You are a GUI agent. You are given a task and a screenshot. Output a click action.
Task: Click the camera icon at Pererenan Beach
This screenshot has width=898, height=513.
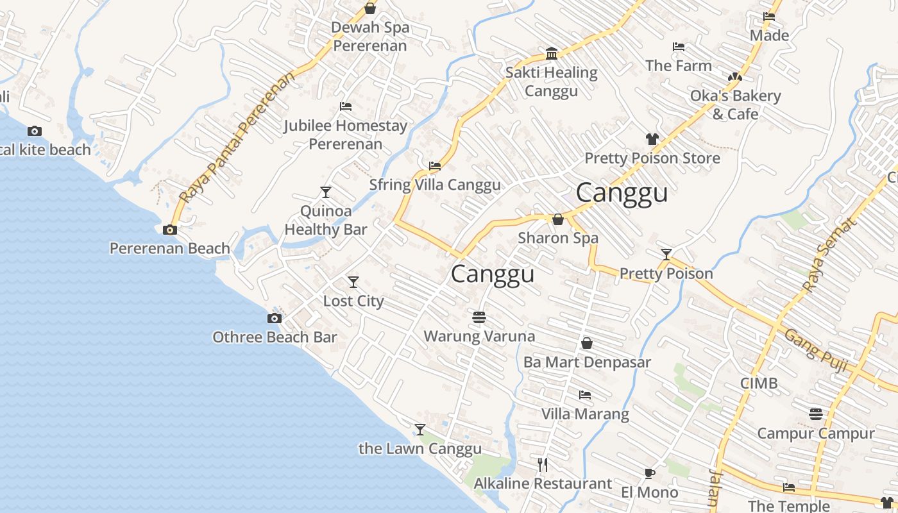[x=170, y=230]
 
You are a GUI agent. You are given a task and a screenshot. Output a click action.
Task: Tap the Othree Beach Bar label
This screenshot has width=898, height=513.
[x=275, y=337]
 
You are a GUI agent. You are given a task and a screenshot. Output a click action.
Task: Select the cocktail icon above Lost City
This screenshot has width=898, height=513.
[x=353, y=282]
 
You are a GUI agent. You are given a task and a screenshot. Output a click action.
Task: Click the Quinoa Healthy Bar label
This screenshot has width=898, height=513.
[x=326, y=220]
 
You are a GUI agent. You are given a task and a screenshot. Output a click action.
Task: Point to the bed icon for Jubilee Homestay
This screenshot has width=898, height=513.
[x=346, y=106]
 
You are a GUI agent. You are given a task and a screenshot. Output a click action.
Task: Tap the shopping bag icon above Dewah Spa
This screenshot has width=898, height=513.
[x=370, y=8]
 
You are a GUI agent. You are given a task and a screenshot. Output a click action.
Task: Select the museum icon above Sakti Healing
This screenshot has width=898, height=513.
[x=552, y=53]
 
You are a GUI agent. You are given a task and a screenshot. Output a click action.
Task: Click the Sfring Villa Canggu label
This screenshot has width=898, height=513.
[x=435, y=185]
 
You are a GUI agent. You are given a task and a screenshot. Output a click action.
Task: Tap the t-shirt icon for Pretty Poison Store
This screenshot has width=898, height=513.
[x=652, y=139]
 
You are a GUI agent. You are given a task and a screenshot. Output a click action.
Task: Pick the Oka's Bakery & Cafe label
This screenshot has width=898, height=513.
[x=735, y=105]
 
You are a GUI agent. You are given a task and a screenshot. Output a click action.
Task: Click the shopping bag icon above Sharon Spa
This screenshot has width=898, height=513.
[x=558, y=219]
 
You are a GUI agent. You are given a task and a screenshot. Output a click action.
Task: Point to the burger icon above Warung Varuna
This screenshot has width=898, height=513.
[x=479, y=317]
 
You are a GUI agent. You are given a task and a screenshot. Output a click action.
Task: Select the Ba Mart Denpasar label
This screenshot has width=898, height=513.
[x=587, y=362]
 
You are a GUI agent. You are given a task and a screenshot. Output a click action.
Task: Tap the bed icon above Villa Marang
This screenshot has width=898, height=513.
[x=585, y=395]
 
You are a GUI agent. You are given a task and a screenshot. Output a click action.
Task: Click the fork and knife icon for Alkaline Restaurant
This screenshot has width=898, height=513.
[x=543, y=464]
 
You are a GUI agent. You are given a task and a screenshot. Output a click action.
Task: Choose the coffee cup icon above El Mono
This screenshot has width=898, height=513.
[x=650, y=474]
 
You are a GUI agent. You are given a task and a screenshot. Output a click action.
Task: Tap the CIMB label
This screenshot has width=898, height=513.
[x=759, y=383]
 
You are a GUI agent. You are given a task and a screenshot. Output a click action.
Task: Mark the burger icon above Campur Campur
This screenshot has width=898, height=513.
[x=816, y=414]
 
